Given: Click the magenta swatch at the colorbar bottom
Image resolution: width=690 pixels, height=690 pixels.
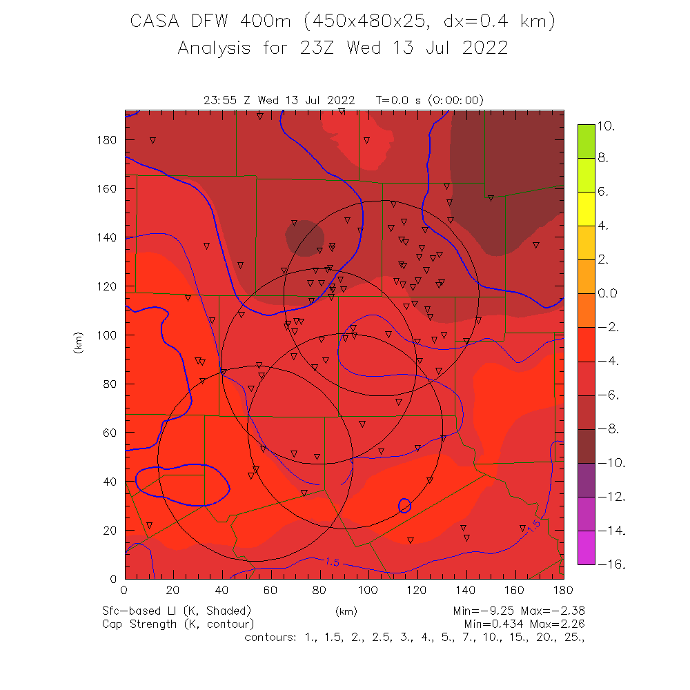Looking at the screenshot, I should (x=586, y=548).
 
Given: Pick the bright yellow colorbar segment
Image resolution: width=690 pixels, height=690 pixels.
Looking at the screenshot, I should (x=586, y=209).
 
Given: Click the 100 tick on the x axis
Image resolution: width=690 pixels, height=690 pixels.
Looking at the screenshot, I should (x=368, y=590).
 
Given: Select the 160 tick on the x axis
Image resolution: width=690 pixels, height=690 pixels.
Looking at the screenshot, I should (x=514, y=590).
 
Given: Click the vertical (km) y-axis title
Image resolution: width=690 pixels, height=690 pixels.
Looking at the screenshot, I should (x=77, y=343).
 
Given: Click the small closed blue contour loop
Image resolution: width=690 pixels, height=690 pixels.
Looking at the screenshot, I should (x=405, y=506).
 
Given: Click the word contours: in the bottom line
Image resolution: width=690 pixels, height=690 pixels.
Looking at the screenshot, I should (x=271, y=637).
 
